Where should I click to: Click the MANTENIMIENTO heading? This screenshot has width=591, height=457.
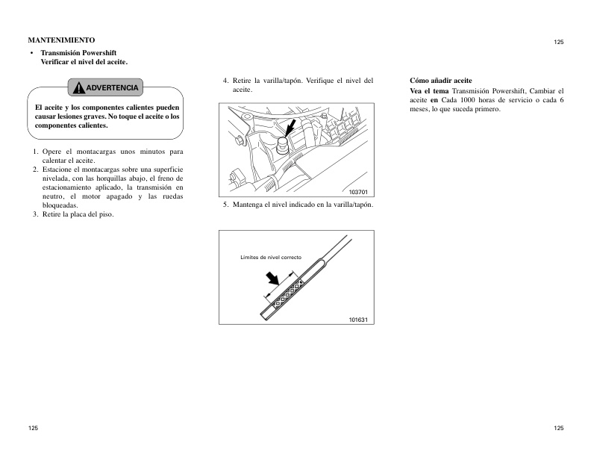60,39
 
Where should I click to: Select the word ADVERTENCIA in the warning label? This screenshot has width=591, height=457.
112,88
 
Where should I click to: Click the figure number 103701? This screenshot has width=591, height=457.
359,192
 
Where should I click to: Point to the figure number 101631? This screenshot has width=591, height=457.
359,319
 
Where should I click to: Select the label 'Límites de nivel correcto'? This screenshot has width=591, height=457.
270,257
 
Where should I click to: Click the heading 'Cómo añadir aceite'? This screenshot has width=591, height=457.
441,80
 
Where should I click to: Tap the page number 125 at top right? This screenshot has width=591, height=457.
558,43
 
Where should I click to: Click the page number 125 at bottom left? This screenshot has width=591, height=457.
34,428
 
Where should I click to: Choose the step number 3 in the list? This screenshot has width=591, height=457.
34,214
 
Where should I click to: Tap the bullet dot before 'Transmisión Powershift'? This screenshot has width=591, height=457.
31,54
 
